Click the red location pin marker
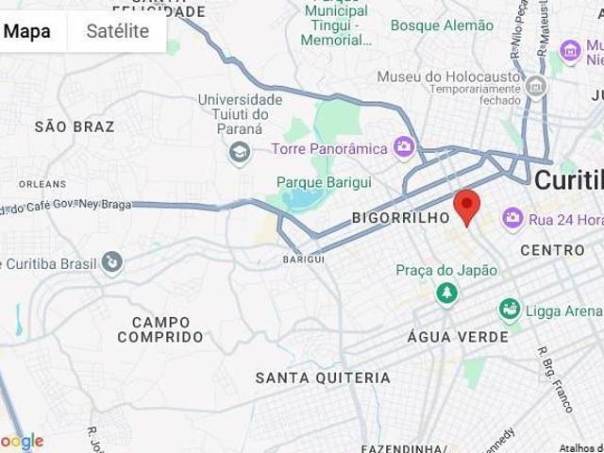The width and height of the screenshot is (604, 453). pyautogui.click(x=467, y=204)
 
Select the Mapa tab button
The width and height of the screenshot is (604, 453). pyautogui.click(x=27, y=31)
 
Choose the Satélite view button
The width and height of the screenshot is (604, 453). pyautogui.click(x=118, y=31)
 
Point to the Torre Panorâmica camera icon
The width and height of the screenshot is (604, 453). pyautogui.click(x=405, y=146)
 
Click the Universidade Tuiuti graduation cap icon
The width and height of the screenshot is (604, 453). pyautogui.click(x=240, y=150)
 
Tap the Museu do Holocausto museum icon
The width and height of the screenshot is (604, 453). pyautogui.click(x=537, y=88)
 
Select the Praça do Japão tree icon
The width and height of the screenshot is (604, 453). pyautogui.click(x=445, y=294)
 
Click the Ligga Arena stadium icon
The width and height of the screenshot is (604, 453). pyautogui.click(x=510, y=309)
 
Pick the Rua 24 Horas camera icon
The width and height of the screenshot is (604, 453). pyautogui.click(x=513, y=219)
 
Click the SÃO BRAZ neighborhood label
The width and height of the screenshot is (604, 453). pyautogui.click(x=75, y=126)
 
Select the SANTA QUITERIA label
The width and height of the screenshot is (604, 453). pyautogui.click(x=323, y=377)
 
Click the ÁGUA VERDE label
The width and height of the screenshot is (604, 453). pyautogui.click(x=457, y=337)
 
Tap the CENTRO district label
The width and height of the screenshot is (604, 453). pyautogui.click(x=553, y=250)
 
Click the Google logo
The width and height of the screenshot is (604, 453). pyautogui.click(x=23, y=441)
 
